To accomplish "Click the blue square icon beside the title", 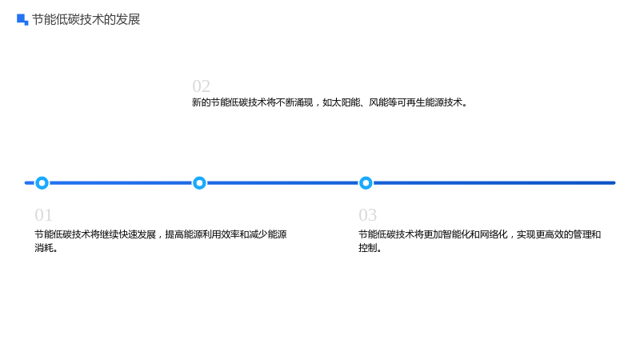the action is pyautogui.click(x=22, y=19).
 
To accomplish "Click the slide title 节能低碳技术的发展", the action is pyautogui.click(x=86, y=19).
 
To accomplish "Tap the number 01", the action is pyautogui.click(x=44, y=215).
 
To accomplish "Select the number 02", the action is pyautogui.click(x=202, y=86).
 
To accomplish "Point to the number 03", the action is pyautogui.click(x=368, y=215).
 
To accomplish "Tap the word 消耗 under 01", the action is pyautogui.click(x=44, y=248).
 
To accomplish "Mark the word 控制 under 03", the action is pyautogui.click(x=368, y=248).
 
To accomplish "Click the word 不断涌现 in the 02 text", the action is pyautogui.click(x=294, y=102).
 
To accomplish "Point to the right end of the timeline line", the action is pyautogui.click(x=614, y=183).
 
